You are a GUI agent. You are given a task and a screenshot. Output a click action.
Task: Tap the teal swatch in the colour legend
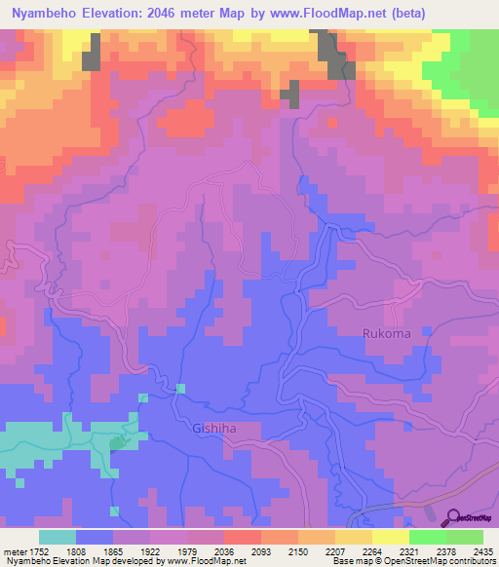[x=57, y=537]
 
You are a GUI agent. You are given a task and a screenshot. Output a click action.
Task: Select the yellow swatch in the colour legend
[x=390, y=537]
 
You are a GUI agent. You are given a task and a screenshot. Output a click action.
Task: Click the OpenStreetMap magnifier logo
[x=452, y=517]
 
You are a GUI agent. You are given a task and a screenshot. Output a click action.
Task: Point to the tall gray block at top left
[x=91, y=51]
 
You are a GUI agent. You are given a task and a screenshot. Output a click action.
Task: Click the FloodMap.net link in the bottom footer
[x=212, y=561]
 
